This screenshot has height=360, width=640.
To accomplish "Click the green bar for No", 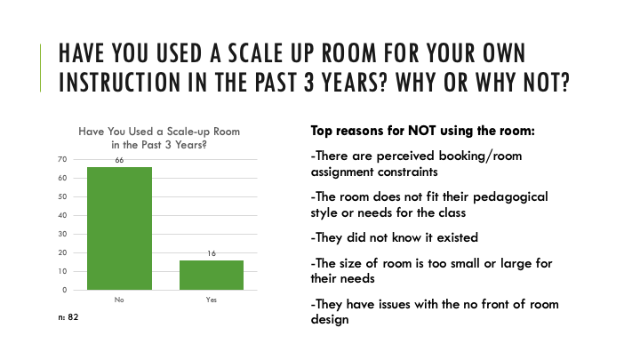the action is click(x=119, y=228).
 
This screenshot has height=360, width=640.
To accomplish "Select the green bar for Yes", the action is click(x=212, y=275).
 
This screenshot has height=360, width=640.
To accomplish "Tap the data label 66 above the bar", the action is click(x=119, y=160).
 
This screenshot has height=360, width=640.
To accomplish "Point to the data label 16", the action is click(x=212, y=253).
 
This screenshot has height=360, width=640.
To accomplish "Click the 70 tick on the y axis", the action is click(x=62, y=159).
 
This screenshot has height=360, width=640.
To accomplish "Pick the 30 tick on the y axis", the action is click(x=62, y=234).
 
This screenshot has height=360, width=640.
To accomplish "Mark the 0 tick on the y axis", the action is click(x=65, y=290).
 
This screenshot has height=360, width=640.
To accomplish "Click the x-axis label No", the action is click(x=119, y=300).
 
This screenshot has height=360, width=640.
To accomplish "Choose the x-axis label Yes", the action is click(x=212, y=300).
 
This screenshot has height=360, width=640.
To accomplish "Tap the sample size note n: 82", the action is click(x=68, y=317).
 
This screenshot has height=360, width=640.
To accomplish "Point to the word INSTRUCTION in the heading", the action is click(x=119, y=82).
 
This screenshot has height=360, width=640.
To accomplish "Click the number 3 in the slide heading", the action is click(x=309, y=82).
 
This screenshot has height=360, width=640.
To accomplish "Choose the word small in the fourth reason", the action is click(x=465, y=263).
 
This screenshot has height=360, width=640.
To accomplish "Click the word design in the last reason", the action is click(x=330, y=320).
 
